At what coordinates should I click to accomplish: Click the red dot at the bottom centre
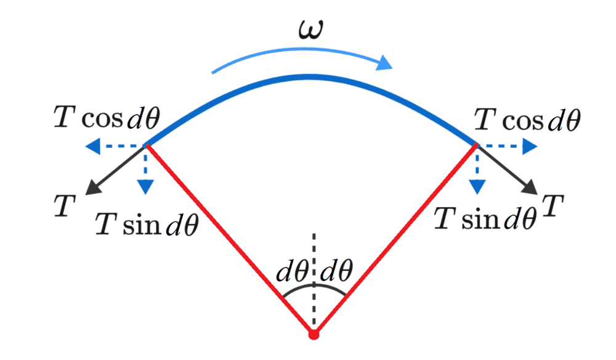(314, 335)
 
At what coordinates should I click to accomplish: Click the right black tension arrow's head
(532, 189)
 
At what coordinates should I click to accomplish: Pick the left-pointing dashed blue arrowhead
(92, 146)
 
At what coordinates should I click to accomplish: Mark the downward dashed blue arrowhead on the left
(145, 186)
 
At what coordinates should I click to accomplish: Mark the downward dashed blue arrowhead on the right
(477, 186)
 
